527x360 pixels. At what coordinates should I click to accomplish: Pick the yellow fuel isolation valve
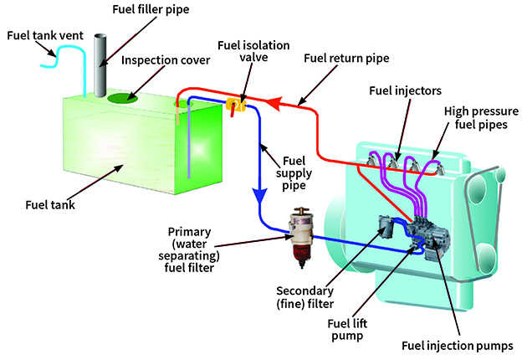tap(235, 105)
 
